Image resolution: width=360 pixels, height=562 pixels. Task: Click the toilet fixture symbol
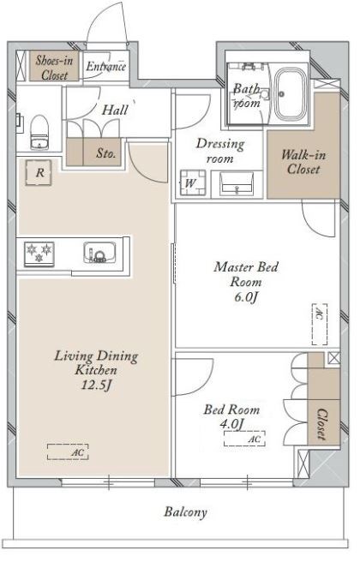pyautogui.click(x=39, y=132)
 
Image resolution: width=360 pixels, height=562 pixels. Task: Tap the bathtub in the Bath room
pyautogui.click(x=291, y=94)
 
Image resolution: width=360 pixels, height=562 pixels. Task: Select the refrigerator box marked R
pyautogui.click(x=39, y=173)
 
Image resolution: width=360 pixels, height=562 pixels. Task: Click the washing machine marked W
pyautogui.click(x=193, y=182)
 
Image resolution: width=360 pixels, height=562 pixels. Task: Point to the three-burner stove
pyautogui.click(x=39, y=254)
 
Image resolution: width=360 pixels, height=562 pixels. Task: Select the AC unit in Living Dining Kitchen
pyautogui.click(x=68, y=451)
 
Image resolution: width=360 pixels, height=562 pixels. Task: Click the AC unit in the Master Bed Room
pyautogui.click(x=320, y=324)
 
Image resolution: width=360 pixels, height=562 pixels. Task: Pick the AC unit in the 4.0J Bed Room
pyautogui.click(x=244, y=439)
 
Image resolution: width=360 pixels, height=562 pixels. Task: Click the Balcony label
pyautogui.click(x=186, y=511)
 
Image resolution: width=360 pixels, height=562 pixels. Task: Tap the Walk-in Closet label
pyautogui.click(x=303, y=162)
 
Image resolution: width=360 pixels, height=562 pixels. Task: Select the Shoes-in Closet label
pyautogui.click(x=54, y=68)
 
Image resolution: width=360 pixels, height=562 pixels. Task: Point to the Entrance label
pyautogui.click(x=105, y=66)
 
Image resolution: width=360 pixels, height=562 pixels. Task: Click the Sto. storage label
pyautogui.click(x=105, y=153)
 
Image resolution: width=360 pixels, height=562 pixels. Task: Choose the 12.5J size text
pyautogui.click(x=96, y=386)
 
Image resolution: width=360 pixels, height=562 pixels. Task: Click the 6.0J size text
pyautogui.click(x=246, y=297)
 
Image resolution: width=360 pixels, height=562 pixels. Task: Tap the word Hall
pyautogui.click(x=115, y=110)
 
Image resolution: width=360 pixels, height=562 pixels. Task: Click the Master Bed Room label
pyautogui.click(x=246, y=274)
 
